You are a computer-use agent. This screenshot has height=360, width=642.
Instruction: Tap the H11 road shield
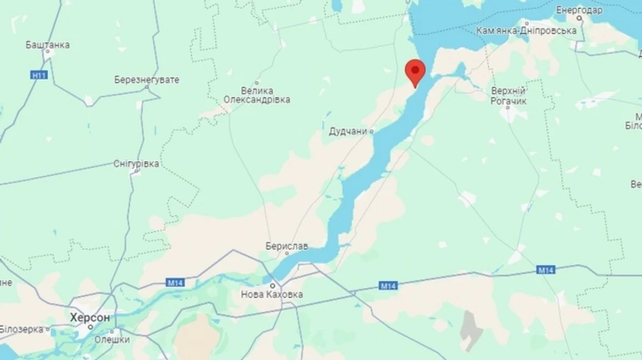coord(39,75)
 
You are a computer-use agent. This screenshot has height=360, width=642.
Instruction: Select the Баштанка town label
coord(48,45)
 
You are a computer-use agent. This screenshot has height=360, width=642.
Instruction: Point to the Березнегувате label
coord(146,80)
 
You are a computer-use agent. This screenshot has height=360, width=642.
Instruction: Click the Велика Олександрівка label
coord(257,95)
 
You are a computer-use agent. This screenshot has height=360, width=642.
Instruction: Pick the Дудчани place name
coord(348,132)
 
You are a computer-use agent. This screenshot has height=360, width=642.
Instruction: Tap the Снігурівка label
coord(136,164)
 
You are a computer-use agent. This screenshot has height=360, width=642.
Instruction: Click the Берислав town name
coord(286,246)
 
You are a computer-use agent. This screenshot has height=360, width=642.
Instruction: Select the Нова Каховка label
coord(272,294)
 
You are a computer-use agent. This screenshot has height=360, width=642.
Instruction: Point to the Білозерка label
coord(21,329)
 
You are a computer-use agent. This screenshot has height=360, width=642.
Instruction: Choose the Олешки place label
coord(112,340)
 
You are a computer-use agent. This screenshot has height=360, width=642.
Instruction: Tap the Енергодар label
coord(579,10)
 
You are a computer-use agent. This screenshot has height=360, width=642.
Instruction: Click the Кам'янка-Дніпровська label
coord(526,31)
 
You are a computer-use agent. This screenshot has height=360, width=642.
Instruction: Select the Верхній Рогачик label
coord(509,96)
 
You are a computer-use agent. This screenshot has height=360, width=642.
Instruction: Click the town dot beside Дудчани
coord(372,131)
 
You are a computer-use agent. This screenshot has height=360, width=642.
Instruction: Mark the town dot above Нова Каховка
coord(272,285)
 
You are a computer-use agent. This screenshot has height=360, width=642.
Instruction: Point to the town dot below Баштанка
coord(48,53)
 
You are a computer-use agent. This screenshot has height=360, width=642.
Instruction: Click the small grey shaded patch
coord(470,330)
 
